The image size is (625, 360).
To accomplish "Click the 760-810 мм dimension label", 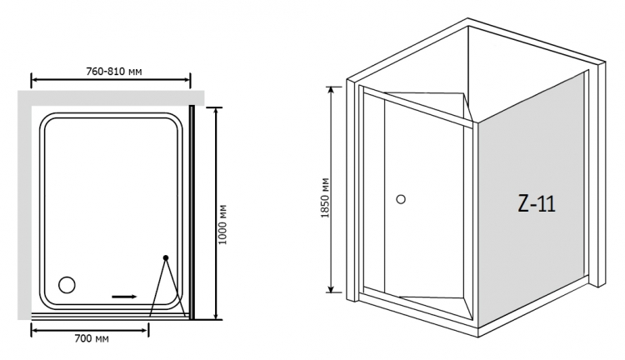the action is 114,72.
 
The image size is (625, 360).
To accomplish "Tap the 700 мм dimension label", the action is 92,338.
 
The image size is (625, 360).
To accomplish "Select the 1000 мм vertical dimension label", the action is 223,224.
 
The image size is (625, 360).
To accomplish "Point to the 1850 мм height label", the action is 325,197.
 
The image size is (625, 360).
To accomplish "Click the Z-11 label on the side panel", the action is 537,203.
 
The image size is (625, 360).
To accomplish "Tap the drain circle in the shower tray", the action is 67,285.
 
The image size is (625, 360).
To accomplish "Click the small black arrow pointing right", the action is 124,297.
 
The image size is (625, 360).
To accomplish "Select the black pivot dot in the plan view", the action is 166,258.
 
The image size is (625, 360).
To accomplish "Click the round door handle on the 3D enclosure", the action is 401,199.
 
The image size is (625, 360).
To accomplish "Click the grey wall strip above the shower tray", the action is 111,98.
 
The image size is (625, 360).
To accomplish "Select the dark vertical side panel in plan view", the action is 192,212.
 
